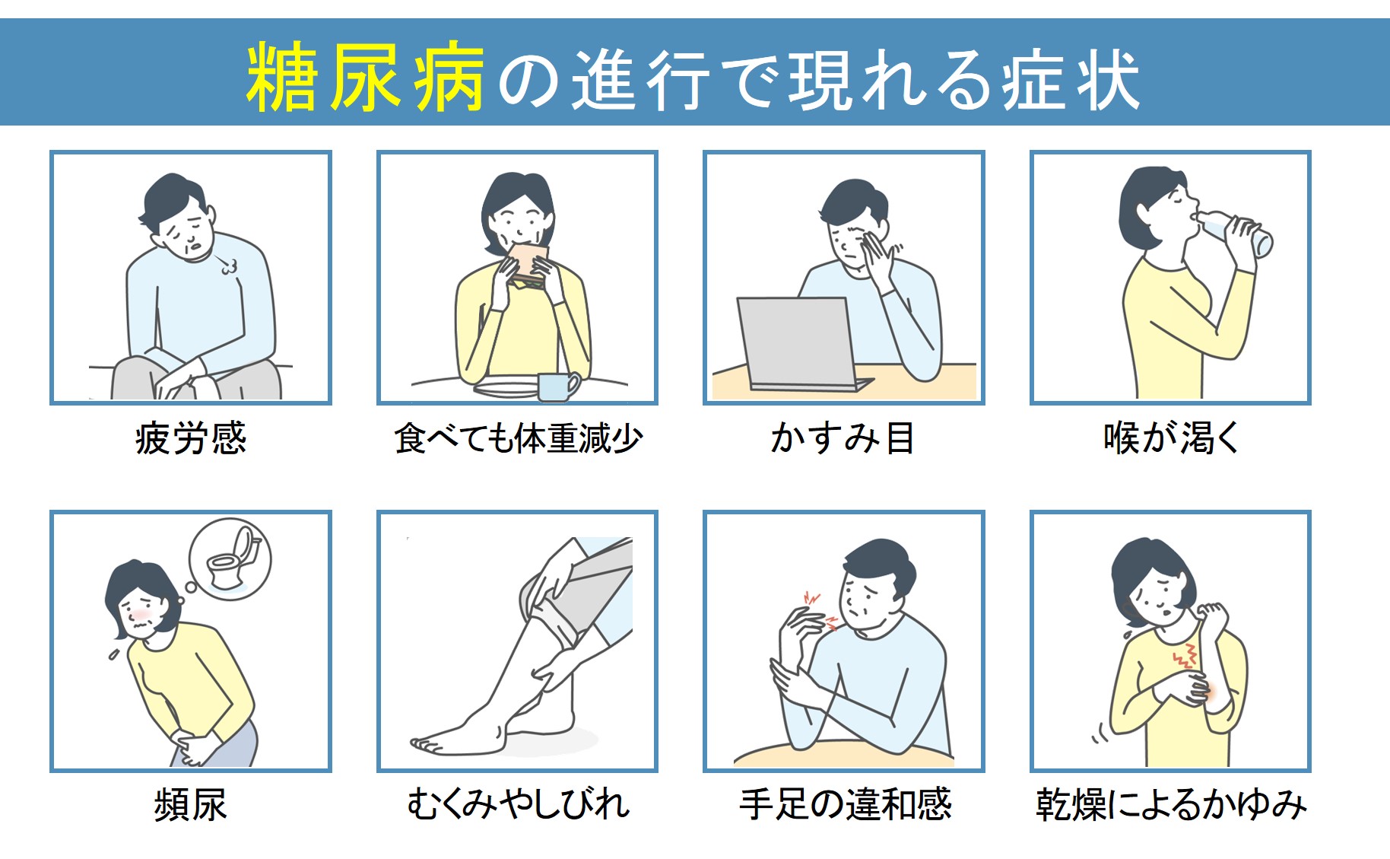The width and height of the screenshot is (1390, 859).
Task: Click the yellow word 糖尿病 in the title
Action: coord(366,77)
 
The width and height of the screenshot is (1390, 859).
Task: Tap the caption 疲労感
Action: coord(191,438)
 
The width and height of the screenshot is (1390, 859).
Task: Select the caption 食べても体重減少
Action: coord(518,438)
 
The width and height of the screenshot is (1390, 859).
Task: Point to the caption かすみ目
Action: coord(843,438)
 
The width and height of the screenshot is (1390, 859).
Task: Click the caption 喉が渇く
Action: coord(1171,438)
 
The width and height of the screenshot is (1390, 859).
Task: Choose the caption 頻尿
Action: coord(191,804)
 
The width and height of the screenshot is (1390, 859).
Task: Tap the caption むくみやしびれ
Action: coord(518,804)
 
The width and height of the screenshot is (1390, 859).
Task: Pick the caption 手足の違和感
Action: coord(845,804)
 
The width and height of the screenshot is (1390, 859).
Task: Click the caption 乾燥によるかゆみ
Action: coord(1171,804)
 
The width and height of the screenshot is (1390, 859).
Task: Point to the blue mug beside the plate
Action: coord(558,386)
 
